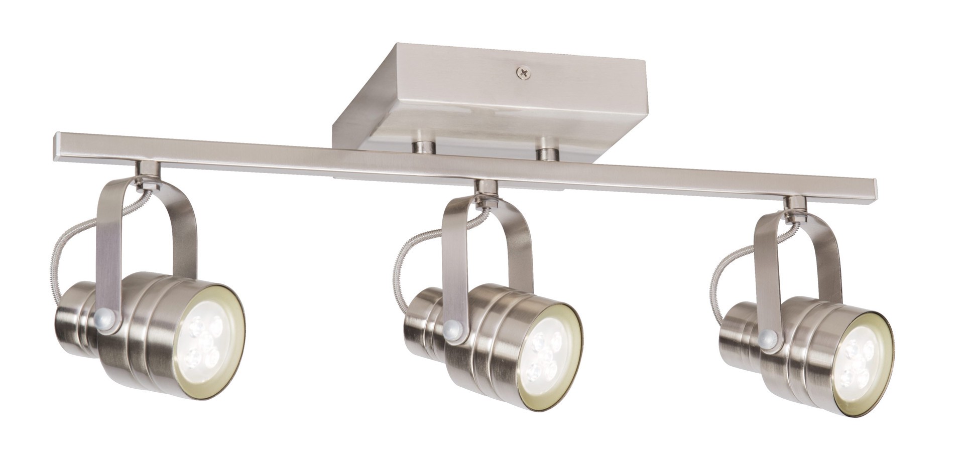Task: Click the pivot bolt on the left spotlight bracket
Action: [104, 320]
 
